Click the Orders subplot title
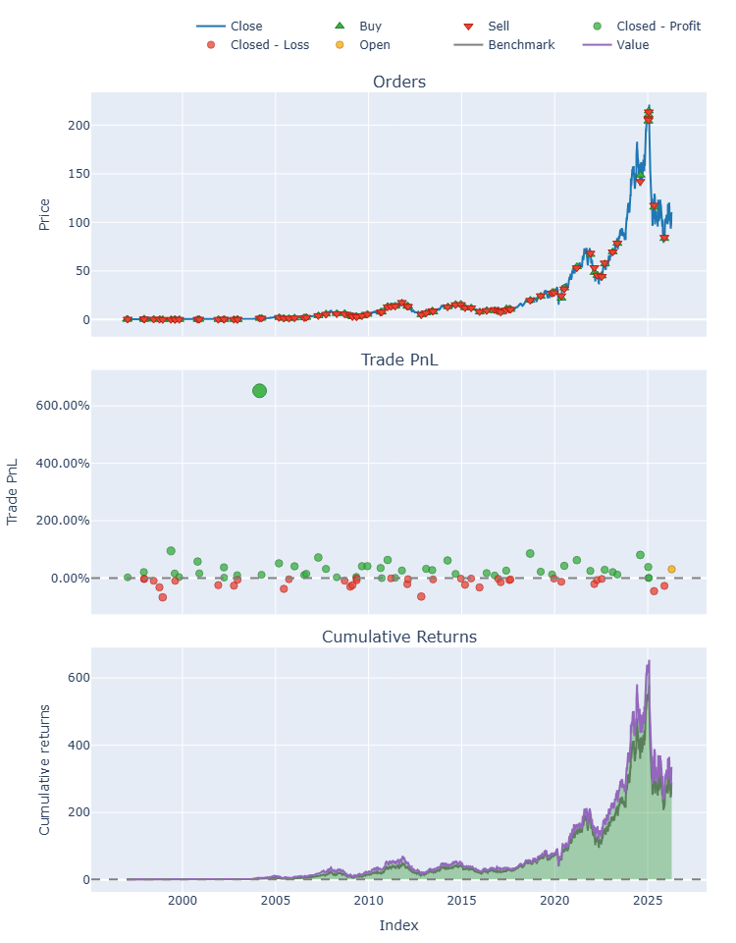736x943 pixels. (399, 82)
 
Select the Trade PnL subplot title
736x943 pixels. (399, 360)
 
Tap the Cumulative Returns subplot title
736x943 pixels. (399, 637)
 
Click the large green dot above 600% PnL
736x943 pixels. (259, 391)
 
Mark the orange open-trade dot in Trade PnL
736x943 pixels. (671, 569)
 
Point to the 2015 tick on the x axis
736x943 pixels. (461, 900)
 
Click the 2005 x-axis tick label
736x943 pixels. (275, 900)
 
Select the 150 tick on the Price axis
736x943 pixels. (79, 174)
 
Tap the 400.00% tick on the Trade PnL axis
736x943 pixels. (63, 463)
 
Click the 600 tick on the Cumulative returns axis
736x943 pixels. (79, 678)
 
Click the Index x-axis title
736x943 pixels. (398, 925)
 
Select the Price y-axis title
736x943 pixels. (44, 215)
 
